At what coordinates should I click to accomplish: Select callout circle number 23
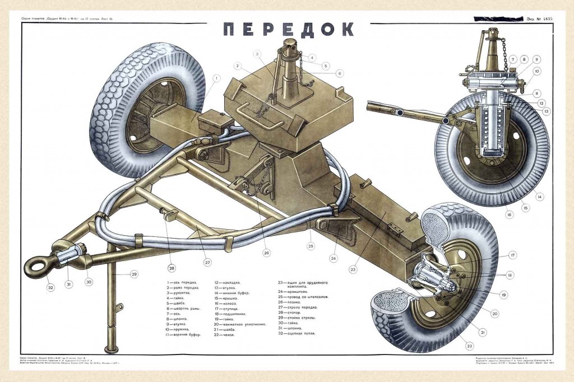point(353,269)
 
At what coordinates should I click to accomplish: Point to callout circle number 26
point(266,252)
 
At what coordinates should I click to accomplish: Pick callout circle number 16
point(509,215)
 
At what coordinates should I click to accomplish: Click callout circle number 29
point(134,274)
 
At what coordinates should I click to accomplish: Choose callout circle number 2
point(238,66)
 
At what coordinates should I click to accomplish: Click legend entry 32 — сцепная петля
point(297,333)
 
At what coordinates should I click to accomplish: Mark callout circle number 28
point(172,268)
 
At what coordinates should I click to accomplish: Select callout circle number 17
point(512,254)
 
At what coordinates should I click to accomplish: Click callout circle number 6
point(340,73)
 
